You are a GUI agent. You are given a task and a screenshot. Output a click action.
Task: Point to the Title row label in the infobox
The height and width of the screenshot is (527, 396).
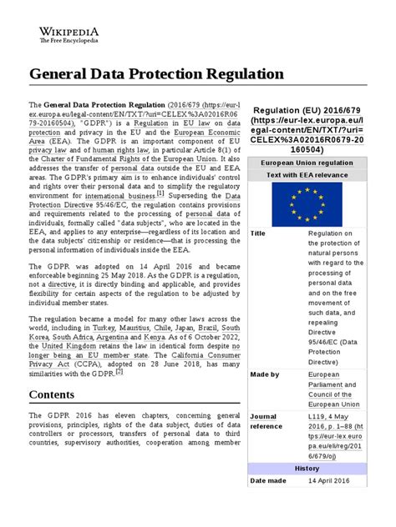click(258, 234)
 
